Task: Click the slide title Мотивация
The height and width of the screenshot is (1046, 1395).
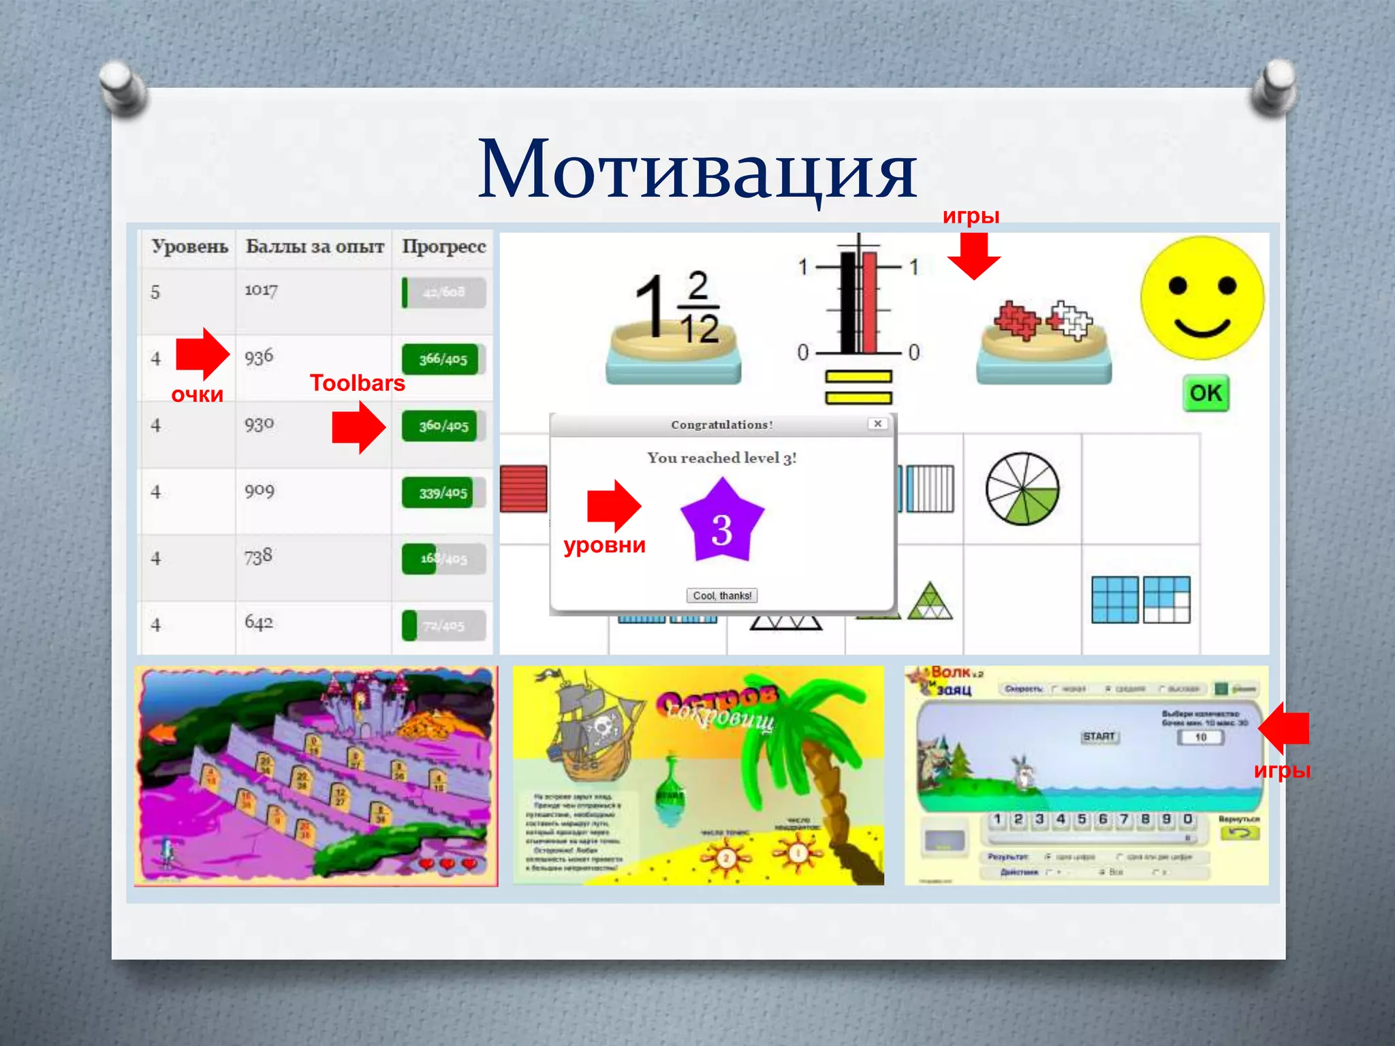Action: pos(697,169)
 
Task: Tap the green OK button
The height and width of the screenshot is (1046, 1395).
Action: pos(1206,393)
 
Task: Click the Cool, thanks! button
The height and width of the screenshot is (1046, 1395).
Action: pos(721,596)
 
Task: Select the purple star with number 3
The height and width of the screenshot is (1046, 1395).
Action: pos(722,522)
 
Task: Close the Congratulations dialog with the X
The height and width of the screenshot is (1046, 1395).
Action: pos(878,424)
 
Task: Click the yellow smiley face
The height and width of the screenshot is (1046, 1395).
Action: pos(1202,298)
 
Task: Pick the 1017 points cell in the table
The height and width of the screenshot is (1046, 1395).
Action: pos(262,291)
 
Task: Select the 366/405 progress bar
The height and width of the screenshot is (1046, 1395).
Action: pos(443,359)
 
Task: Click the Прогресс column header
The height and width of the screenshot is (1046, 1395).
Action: pos(443,247)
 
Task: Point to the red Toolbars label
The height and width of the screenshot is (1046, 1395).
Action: pos(357,383)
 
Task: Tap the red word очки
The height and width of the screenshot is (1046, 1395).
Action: pos(197,395)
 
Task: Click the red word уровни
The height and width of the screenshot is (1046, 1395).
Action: pos(604,545)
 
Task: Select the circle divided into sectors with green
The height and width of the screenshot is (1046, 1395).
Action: pos(1022,488)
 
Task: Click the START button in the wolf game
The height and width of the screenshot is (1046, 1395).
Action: pos(1099,737)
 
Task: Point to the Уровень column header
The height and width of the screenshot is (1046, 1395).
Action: pos(189,247)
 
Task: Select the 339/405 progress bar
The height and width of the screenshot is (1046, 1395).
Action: pos(443,492)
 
